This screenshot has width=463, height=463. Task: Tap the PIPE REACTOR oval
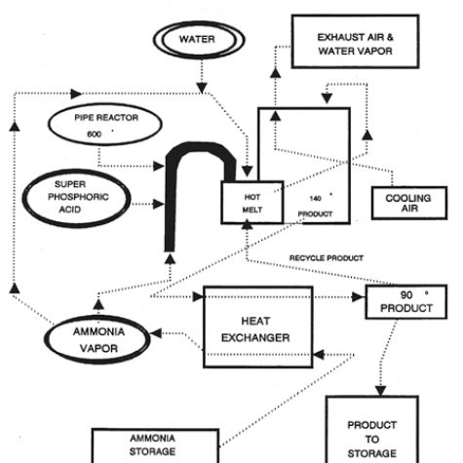[x=102, y=124]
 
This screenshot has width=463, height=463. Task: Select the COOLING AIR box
[x=407, y=203]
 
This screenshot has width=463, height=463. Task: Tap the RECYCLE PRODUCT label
[x=326, y=258]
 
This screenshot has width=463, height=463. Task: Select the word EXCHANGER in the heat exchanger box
[x=248, y=339]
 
